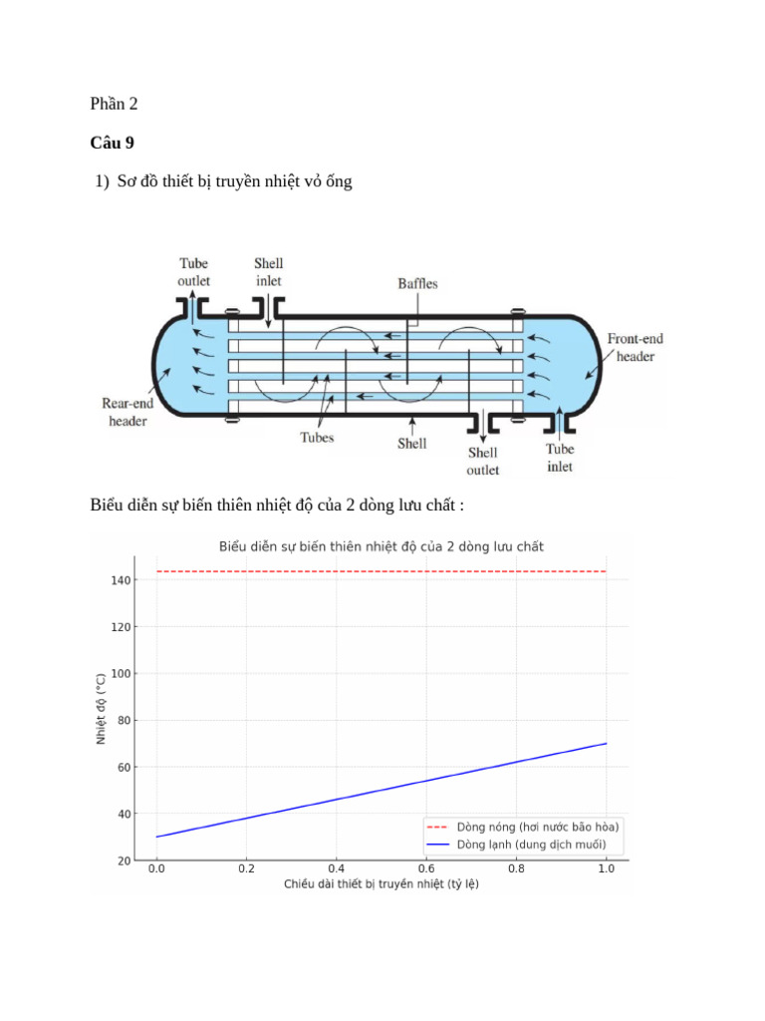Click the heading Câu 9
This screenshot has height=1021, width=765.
point(112,143)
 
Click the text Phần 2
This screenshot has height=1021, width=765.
point(115,104)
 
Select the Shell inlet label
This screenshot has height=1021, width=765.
point(268,272)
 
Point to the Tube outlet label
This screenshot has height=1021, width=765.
point(194,272)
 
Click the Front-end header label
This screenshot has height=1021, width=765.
point(636,347)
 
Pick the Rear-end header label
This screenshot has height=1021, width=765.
point(127,412)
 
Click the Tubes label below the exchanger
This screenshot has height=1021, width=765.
point(317,437)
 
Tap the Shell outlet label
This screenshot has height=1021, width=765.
point(483,461)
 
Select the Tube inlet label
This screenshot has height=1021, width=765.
point(560,458)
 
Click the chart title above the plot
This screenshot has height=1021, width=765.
point(381,546)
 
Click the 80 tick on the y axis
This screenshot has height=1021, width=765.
point(126,720)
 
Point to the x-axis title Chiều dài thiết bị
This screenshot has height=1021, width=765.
point(381,884)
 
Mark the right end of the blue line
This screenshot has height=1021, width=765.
point(606,744)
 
